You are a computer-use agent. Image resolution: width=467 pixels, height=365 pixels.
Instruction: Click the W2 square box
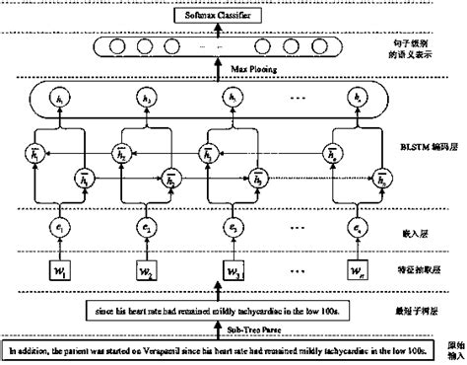pyautogui.click(x=146, y=269)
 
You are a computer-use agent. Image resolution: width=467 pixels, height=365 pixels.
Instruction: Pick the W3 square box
pyautogui.click(x=232, y=269)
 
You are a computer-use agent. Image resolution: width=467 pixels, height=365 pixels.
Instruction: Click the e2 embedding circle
pyautogui.click(x=146, y=228)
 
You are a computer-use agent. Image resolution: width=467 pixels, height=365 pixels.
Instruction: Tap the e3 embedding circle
pyautogui.click(x=232, y=228)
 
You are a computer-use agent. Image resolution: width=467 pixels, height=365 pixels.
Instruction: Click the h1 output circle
pyautogui.click(x=62, y=100)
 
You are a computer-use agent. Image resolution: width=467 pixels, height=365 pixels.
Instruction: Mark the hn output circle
pyautogui.click(x=360, y=100)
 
